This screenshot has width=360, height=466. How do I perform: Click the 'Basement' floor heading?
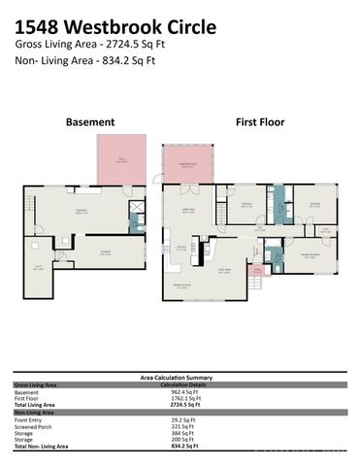(89, 122)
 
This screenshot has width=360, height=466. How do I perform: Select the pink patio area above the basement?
(121, 160)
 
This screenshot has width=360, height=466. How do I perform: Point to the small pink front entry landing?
(257, 273)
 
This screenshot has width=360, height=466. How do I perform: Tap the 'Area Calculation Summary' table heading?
(179, 377)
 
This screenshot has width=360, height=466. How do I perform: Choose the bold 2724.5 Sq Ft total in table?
(179, 403)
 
